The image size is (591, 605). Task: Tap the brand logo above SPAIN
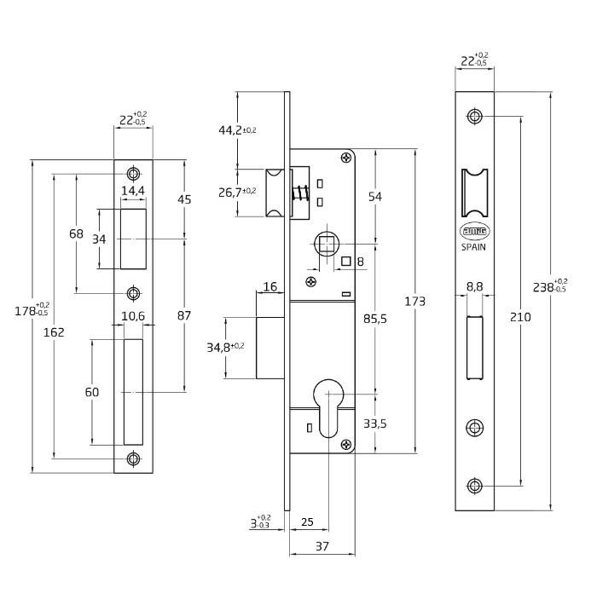click(x=475, y=231)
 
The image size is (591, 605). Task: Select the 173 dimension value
click(x=416, y=301)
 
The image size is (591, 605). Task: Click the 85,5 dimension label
click(x=374, y=319)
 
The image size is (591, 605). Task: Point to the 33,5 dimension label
click(x=374, y=423)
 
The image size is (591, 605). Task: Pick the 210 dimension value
click(x=519, y=316)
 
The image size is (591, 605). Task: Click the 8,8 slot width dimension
click(x=475, y=289)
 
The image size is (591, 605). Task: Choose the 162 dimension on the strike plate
click(x=53, y=332)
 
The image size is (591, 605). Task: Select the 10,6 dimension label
click(x=132, y=316)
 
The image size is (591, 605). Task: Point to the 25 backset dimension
click(x=308, y=521)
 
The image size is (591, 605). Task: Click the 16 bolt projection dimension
click(x=270, y=287)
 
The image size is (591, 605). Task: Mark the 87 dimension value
click(x=183, y=315)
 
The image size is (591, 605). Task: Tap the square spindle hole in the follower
click(x=327, y=245)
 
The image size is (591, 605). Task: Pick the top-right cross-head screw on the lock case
click(x=345, y=157)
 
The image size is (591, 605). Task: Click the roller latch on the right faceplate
click(x=475, y=194)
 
